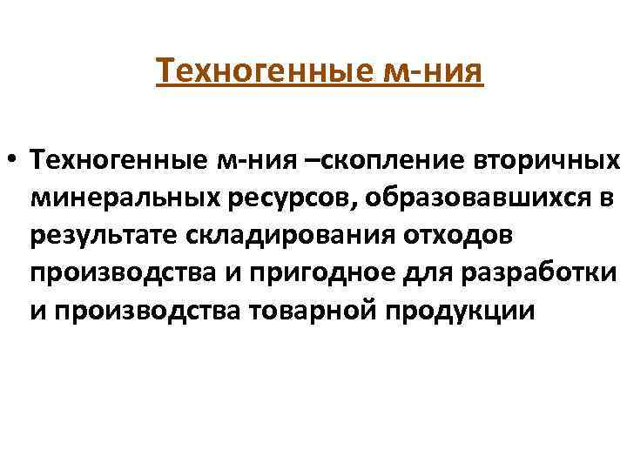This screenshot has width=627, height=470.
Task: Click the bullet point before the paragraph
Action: pyautogui.click(x=13, y=160)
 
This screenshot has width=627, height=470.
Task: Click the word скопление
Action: pyautogui.click(x=376, y=160)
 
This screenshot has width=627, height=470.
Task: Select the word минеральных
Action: pyautogui.click(x=129, y=198)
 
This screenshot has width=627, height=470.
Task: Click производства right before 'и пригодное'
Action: pyautogui.click(x=122, y=273)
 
